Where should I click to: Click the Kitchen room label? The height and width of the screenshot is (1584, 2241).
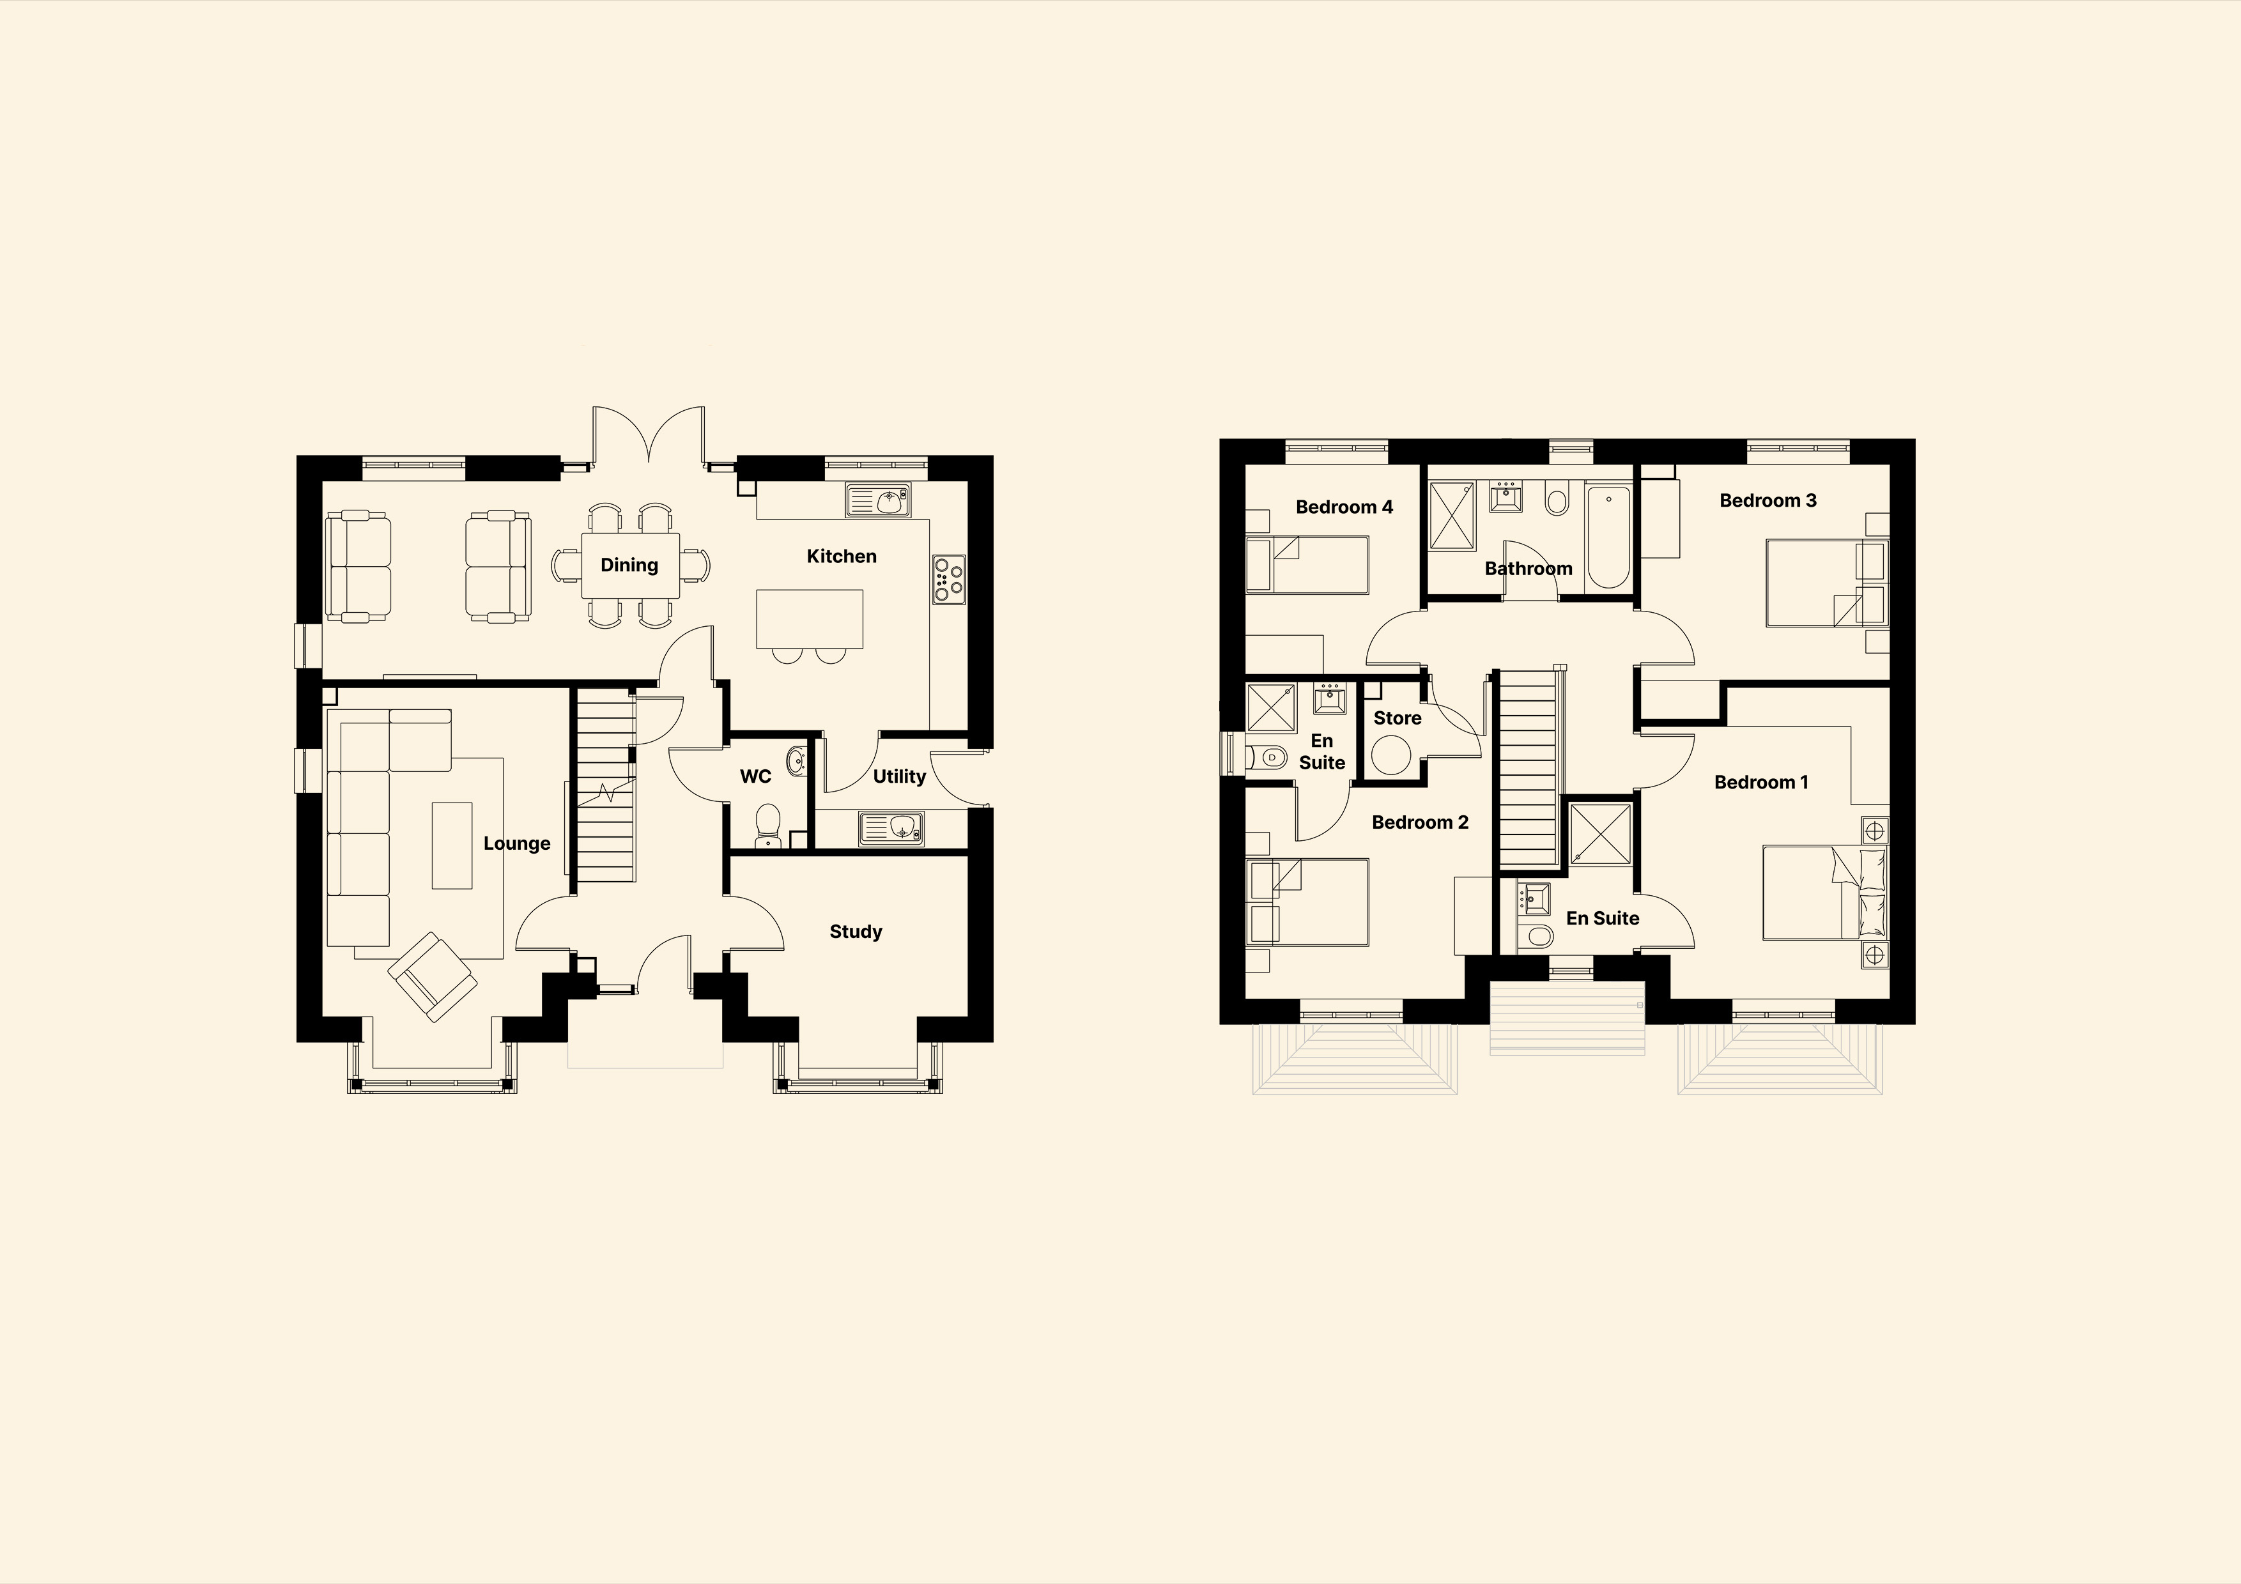[x=842, y=557]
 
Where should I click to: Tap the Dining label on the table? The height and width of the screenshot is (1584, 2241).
[x=629, y=565]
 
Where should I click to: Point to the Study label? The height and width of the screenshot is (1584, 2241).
[x=856, y=932]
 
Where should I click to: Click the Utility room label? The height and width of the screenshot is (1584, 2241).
[x=899, y=777]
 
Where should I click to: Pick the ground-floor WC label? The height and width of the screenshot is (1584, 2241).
[x=755, y=777]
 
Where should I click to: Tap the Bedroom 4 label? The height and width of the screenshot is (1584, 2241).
[x=1344, y=507]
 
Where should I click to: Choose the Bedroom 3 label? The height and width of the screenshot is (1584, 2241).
[x=1767, y=501]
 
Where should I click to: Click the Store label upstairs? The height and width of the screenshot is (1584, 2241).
[x=1397, y=718]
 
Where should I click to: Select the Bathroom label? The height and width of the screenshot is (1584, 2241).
[x=1529, y=569]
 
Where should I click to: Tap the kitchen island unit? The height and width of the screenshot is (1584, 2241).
[x=810, y=619]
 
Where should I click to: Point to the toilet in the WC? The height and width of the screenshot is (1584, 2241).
[x=768, y=826]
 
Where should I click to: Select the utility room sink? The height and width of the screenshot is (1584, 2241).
[x=892, y=829]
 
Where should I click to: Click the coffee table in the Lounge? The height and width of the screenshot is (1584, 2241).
[x=452, y=845]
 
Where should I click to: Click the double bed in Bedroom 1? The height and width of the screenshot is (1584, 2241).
[x=1824, y=894]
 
